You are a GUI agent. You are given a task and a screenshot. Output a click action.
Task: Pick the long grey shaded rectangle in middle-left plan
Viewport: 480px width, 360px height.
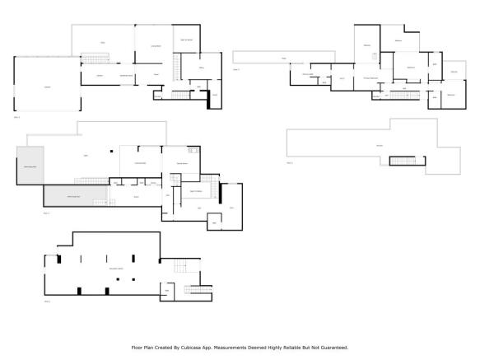76,194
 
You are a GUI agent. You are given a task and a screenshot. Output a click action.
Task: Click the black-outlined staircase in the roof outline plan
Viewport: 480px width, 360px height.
403,160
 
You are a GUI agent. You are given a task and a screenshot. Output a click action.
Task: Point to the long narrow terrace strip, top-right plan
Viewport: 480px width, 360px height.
263,58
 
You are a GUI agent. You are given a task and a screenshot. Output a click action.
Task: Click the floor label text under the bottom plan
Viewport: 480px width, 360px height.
48,302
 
